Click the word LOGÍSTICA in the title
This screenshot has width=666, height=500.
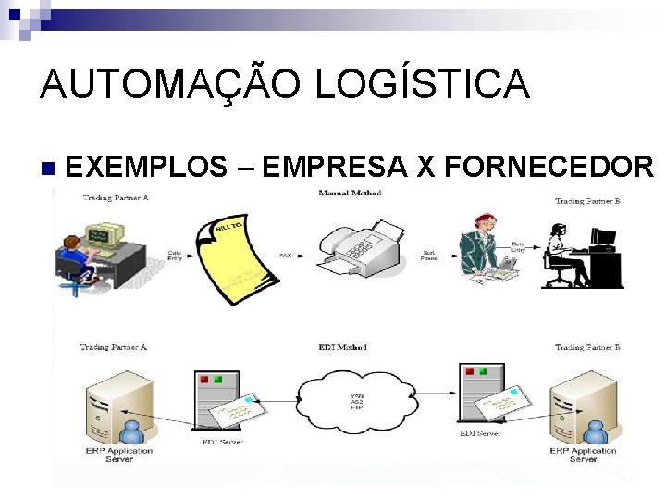[423, 85]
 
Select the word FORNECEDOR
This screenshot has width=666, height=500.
[549, 167]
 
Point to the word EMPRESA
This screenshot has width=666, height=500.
[336, 167]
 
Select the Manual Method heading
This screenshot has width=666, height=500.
[349, 193]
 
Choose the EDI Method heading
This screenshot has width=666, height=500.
[342, 347]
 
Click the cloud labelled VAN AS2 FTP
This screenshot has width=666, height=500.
[356, 398]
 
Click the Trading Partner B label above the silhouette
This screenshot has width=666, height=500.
[587, 200]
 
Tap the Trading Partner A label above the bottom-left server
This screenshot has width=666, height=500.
[114, 347]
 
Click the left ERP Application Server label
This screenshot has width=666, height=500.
[119, 455]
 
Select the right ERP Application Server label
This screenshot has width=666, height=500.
[583, 455]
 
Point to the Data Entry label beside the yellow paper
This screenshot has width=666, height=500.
[174, 256]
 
